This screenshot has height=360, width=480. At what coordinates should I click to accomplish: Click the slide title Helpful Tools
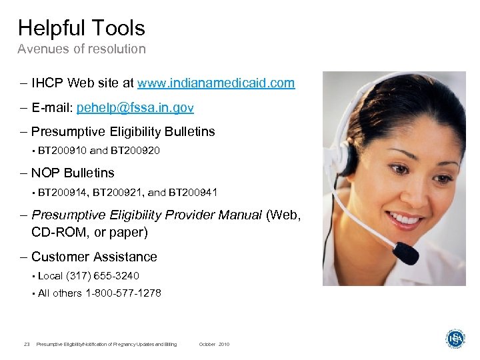pos(81,28)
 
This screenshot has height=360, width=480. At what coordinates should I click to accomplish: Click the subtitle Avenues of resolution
pos(81,49)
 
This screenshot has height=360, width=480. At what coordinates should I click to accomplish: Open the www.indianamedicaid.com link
pos(215,83)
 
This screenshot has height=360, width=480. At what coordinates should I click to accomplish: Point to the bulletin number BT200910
pos(62,151)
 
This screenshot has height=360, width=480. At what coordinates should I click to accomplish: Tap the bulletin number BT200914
pos(62,193)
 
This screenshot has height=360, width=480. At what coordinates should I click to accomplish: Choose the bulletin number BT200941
pos(193,193)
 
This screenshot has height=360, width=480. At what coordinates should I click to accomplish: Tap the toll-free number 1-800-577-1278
pos(123,293)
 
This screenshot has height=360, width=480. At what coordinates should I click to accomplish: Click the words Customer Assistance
pos(94,257)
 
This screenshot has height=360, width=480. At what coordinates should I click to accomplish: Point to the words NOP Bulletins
pos(73,173)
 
